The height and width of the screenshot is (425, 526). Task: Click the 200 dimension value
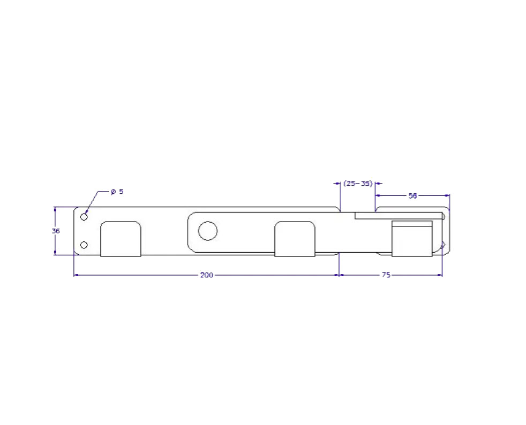(207, 275)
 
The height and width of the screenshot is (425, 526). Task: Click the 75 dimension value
(386, 275)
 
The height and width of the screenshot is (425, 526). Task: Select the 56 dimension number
(412, 196)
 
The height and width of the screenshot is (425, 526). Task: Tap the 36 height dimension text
(56, 231)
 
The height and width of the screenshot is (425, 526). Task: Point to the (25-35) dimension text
(358, 184)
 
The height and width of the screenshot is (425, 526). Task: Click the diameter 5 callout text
(117, 192)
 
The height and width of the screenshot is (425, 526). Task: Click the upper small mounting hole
(84, 217)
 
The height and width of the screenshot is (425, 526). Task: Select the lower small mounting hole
(84, 245)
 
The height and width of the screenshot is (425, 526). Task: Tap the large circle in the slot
(208, 231)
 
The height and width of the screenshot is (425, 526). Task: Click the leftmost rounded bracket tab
(121, 239)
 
